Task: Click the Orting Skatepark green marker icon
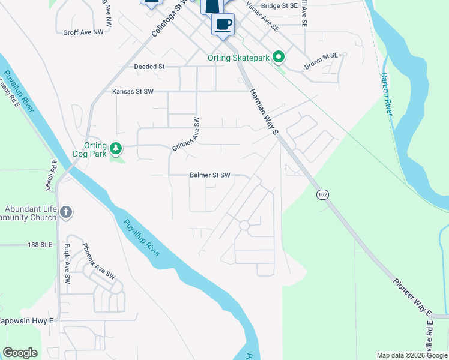(279, 58)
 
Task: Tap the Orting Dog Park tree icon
(116, 147)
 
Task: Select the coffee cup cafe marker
(223, 25)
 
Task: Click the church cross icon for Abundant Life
(66, 212)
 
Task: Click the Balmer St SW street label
(210, 175)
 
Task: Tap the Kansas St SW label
(133, 91)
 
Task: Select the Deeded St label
(149, 67)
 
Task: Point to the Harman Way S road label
(265, 112)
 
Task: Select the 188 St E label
(41, 245)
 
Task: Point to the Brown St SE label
(322, 61)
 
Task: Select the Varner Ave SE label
(262, 19)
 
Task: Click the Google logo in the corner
(20, 353)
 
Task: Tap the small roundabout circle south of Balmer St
(244, 226)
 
